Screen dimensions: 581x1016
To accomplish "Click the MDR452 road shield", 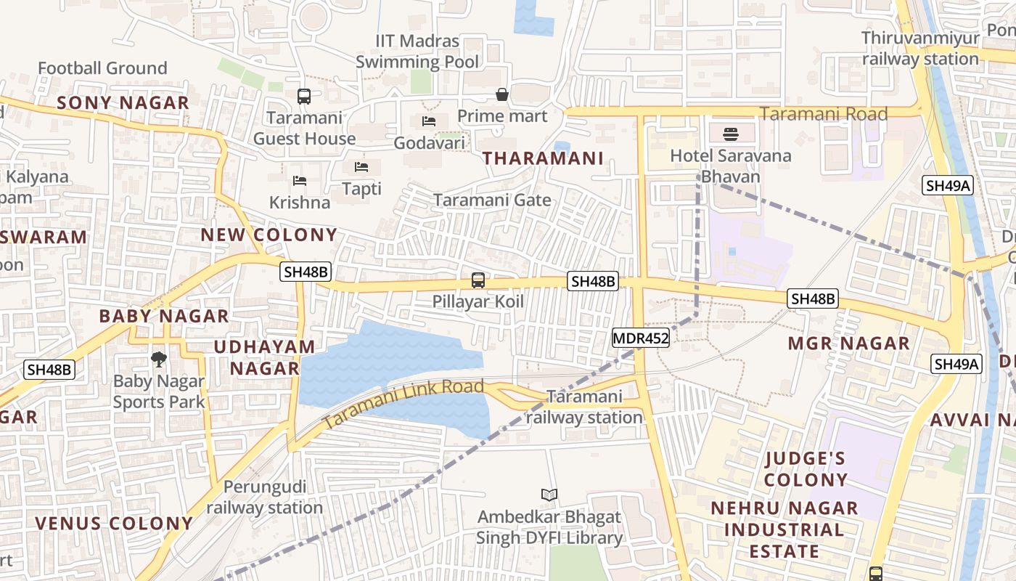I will pos(640,338).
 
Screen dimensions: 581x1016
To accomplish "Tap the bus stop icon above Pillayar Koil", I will pos(478,280).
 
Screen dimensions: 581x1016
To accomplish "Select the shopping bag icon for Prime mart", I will pos(501,94).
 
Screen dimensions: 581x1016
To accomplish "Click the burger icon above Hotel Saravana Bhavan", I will pos(730,134).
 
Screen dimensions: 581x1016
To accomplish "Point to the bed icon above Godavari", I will pos(429,121).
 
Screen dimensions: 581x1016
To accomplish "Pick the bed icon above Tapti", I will pos(361,167).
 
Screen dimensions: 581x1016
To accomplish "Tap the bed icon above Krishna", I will pos(299,180).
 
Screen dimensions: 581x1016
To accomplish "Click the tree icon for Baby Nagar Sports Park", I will pos(158,358).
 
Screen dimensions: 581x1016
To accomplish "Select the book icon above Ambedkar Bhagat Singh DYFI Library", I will pos(549,495).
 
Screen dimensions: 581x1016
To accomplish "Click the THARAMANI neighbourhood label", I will pos(543,158).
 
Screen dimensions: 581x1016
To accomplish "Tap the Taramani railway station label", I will pos(584,407).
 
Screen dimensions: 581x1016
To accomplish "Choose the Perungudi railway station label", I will pos(265,497).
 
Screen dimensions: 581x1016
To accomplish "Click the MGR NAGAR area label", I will pos(848,344).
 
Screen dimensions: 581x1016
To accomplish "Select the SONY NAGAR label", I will pos(123,103).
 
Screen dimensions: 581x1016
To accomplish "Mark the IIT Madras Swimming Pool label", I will pos(417,52).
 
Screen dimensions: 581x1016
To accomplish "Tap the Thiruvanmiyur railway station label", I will pos(920,49).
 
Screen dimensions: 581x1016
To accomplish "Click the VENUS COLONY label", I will pos(114,524).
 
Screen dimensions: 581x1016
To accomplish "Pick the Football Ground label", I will pos(102,68).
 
